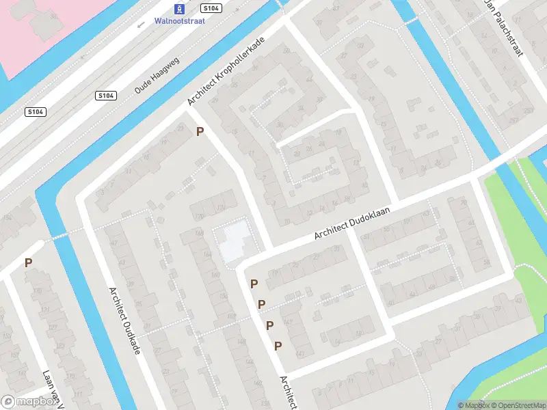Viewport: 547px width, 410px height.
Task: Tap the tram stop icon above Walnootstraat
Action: (178, 9)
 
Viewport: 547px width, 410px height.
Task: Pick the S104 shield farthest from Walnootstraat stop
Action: (36, 111)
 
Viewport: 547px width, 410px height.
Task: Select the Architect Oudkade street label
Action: (124, 320)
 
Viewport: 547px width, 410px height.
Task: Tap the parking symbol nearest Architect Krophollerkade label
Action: (200, 131)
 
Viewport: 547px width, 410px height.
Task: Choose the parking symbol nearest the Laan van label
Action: (28, 262)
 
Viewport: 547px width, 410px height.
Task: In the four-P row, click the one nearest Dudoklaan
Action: (254, 284)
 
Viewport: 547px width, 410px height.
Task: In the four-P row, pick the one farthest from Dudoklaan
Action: (278, 346)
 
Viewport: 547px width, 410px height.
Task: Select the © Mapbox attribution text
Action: (474, 405)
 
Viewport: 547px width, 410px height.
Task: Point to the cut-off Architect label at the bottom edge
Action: (288, 394)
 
